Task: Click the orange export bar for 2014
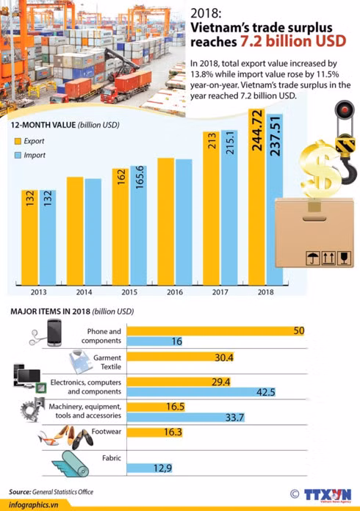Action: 75,231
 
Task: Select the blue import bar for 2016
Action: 184,222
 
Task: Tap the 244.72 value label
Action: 257,131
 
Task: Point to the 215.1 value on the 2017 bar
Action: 229,142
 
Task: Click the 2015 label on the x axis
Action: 129,292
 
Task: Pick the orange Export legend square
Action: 18,141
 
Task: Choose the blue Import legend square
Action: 18,155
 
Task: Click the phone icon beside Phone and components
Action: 54,333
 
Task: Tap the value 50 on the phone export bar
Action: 299,331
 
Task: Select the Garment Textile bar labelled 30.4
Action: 180,357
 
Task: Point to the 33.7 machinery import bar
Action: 186,417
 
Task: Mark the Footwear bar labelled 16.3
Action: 154,432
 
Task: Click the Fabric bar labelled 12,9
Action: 149,468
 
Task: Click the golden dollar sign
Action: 320,170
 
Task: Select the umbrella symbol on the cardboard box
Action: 313,258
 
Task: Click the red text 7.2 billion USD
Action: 293,41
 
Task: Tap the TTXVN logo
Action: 328,495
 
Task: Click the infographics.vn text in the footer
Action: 34,505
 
